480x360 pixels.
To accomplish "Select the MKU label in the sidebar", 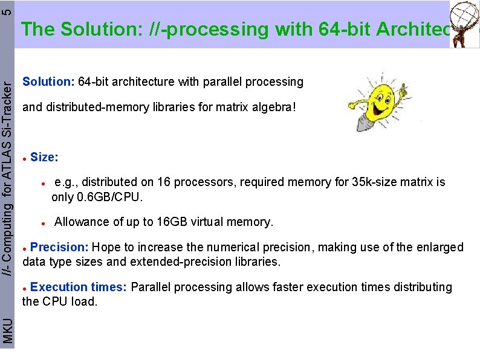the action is point(7,331).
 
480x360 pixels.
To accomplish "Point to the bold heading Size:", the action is point(44,158).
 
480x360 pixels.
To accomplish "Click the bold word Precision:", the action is point(60,247).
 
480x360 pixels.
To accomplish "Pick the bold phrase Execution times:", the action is point(79,287).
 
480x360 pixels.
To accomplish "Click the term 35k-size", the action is point(374,182).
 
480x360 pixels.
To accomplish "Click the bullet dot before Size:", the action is point(24,158).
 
